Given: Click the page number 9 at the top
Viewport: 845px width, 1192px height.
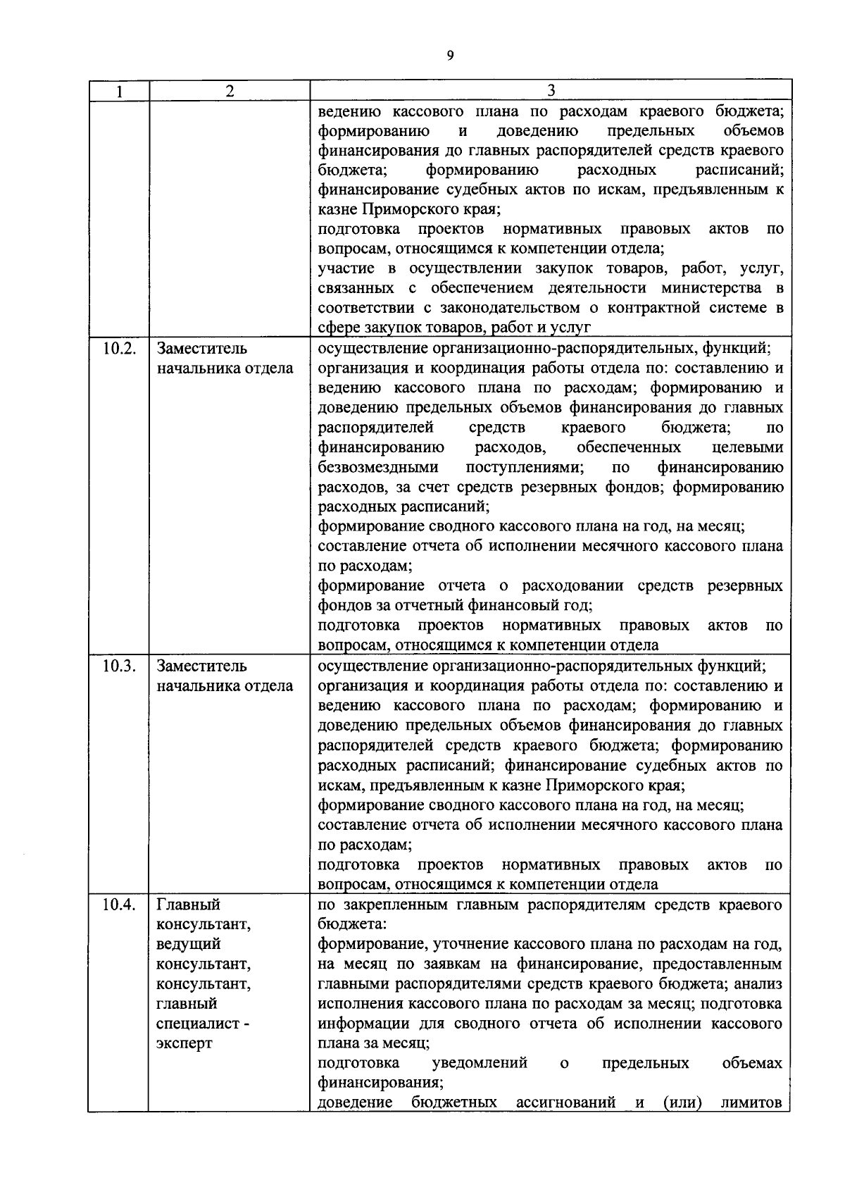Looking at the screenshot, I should (x=450, y=57).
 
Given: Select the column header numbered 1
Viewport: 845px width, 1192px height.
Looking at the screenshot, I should (x=119, y=91).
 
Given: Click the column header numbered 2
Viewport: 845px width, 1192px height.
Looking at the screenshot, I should (x=230, y=91).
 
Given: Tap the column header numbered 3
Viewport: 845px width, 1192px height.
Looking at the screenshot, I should (x=551, y=91).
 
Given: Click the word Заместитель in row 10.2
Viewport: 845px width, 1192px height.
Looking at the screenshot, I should (x=201, y=349).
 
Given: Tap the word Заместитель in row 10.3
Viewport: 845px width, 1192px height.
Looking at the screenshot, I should (x=201, y=666).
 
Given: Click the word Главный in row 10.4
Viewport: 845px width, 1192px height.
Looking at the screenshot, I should (x=189, y=905).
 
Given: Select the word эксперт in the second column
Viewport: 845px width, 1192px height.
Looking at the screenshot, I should (x=184, y=1043).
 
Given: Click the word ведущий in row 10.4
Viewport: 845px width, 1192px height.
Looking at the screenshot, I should (x=189, y=944).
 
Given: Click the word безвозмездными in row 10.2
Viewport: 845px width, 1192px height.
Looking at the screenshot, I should (x=377, y=467).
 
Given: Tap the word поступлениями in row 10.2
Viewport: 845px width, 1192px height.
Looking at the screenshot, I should (x=524, y=467).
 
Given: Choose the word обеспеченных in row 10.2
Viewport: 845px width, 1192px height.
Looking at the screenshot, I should (x=628, y=447).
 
